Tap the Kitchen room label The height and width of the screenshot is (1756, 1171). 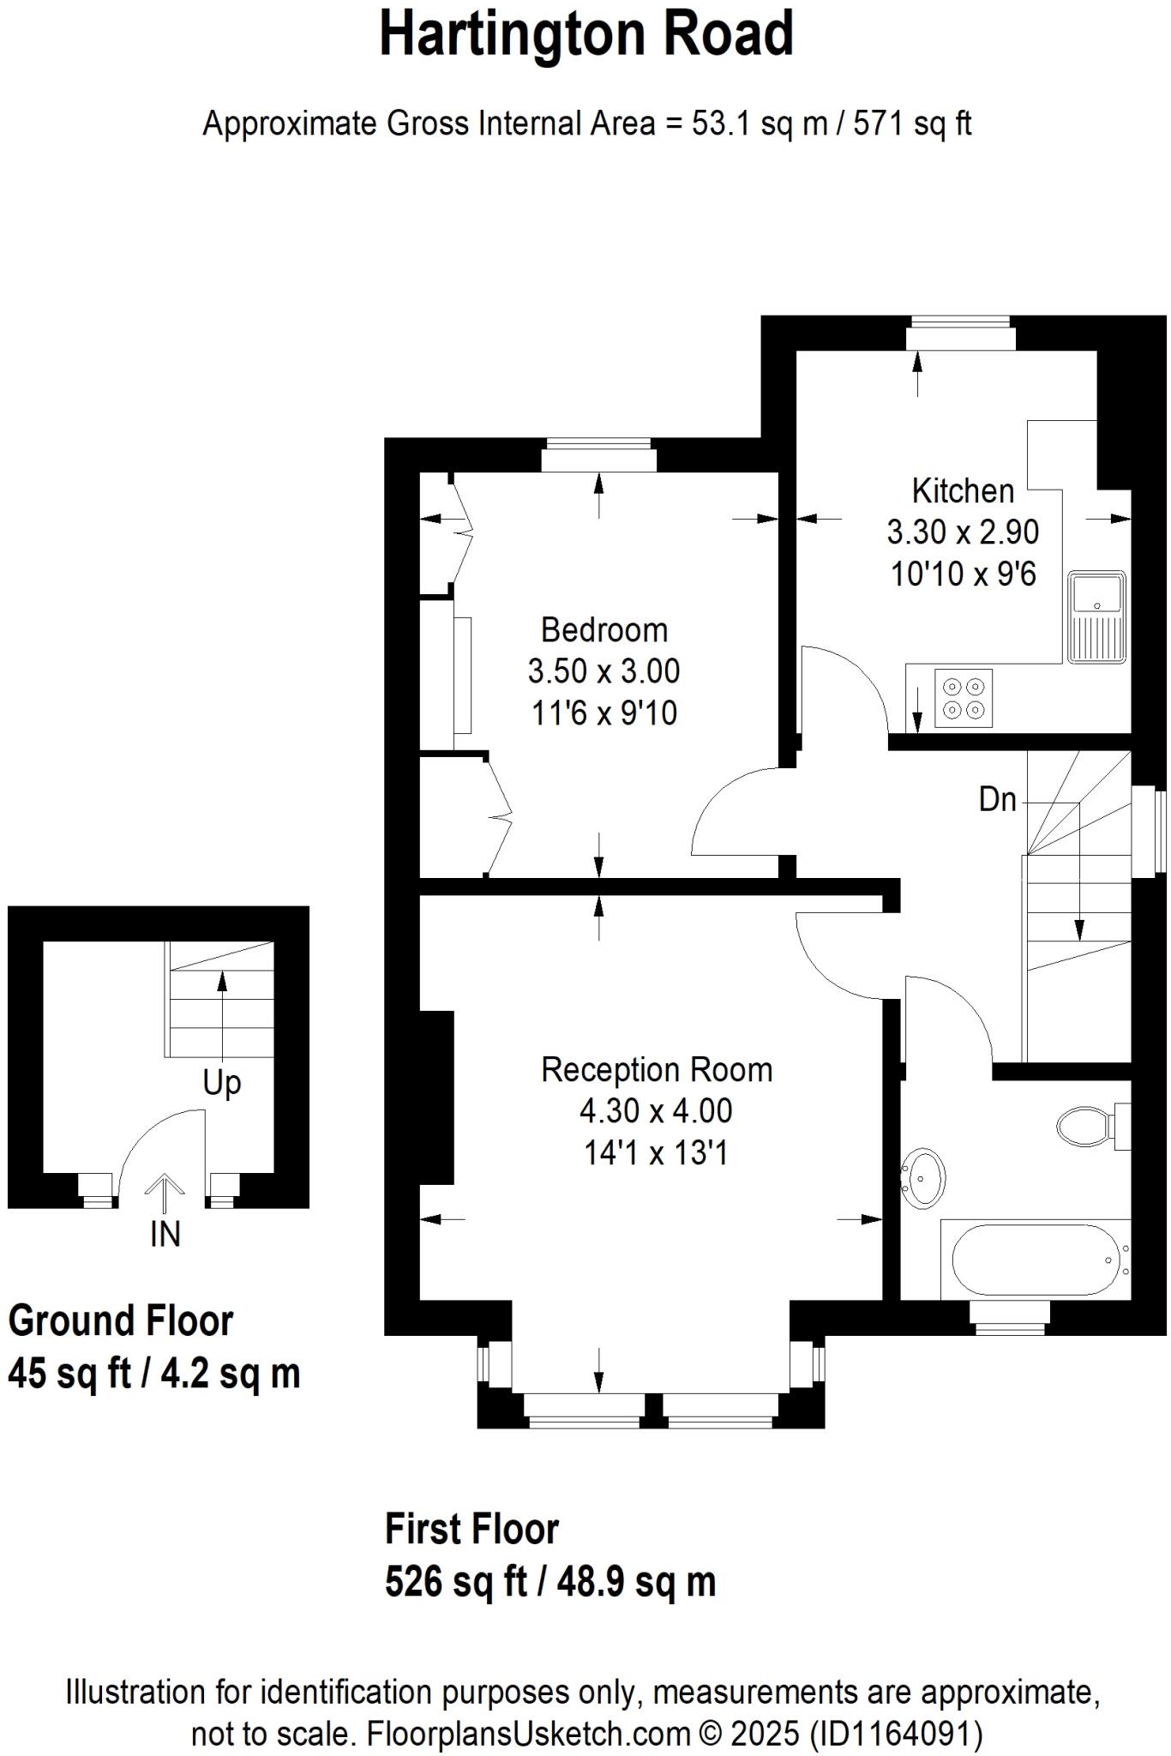963,491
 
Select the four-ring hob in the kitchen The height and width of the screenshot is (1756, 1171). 964,698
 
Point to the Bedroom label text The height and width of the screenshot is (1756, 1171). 604,630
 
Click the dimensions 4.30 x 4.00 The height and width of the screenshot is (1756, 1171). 656,1111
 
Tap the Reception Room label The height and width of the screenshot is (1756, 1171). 657,1070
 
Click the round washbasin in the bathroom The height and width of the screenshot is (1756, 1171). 923,1178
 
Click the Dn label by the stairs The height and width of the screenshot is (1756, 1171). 997,800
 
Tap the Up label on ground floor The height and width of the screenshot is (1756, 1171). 221,1083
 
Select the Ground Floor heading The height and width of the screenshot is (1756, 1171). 120,1321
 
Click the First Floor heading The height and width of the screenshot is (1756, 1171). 471,1530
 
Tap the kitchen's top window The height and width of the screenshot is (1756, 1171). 960,334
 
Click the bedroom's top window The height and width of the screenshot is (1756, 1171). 598,455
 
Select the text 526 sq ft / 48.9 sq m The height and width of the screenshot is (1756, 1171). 549,1582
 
